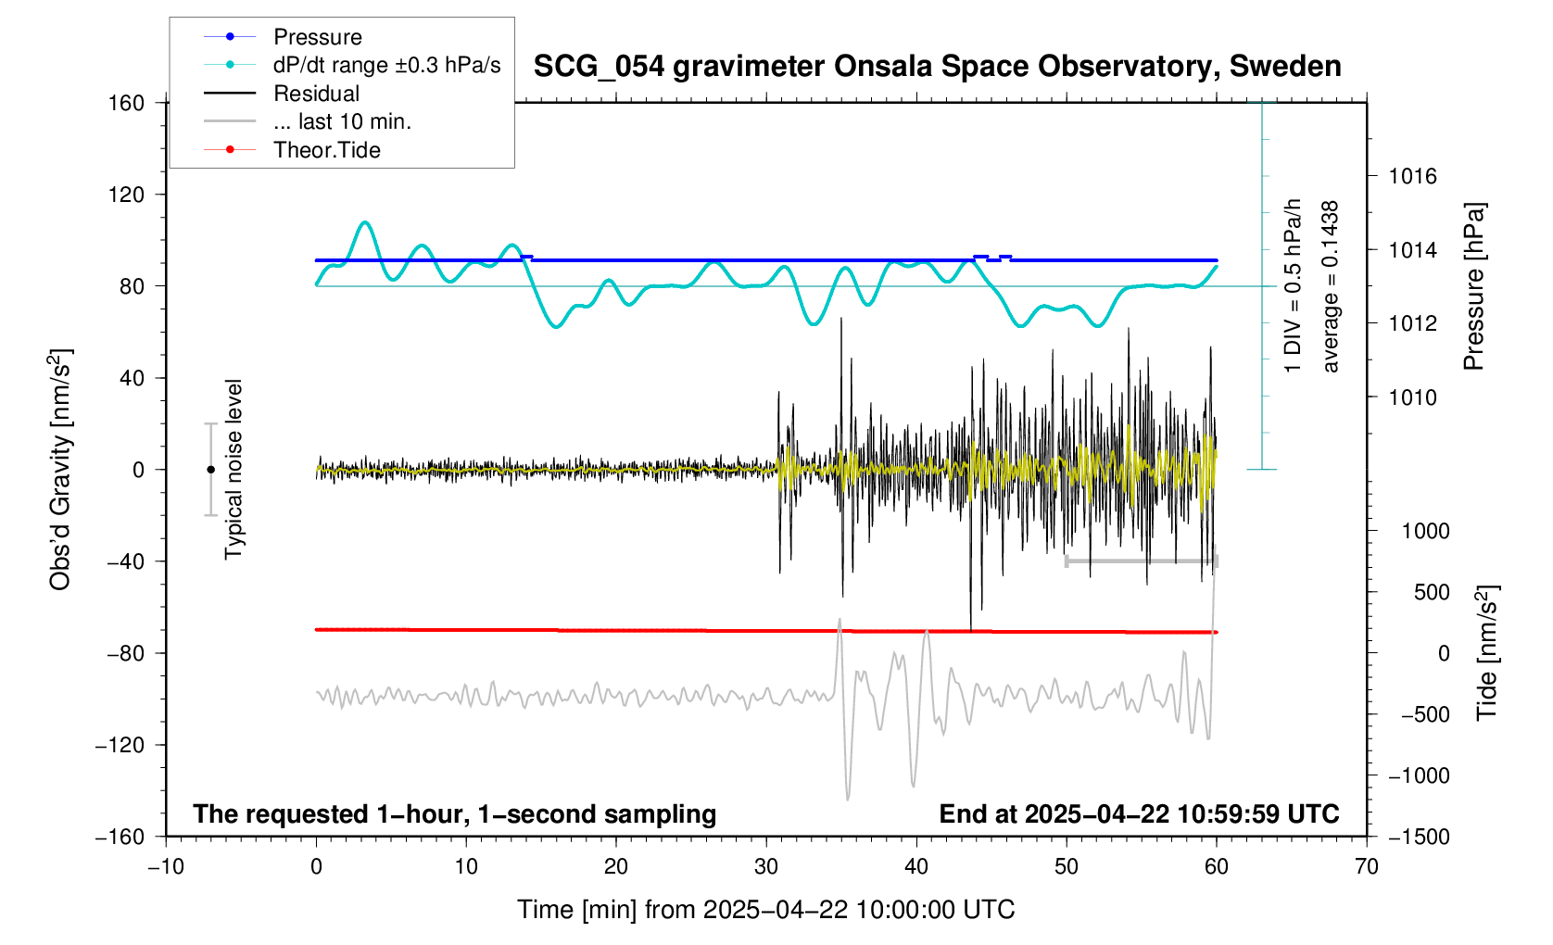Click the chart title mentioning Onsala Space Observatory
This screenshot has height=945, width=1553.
[x=937, y=67]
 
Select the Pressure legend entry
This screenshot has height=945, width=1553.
[x=317, y=37]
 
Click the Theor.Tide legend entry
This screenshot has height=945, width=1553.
[x=326, y=150]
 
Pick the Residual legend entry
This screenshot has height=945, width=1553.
[x=316, y=94]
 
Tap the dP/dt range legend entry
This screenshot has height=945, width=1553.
[x=386, y=65]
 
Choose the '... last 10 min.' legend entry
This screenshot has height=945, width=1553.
[x=342, y=121]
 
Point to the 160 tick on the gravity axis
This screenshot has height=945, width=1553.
[x=127, y=103]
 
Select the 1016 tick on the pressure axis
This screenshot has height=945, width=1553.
[x=1412, y=176]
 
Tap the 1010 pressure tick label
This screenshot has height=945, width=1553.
[x=1412, y=397]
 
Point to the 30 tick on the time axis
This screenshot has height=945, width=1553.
[x=766, y=867]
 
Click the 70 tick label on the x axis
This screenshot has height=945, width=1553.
[x=1367, y=867]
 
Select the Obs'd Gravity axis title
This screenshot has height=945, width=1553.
[x=61, y=470]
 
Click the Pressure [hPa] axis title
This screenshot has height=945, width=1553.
[x=1473, y=286]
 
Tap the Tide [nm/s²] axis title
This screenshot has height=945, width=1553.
[x=1487, y=653]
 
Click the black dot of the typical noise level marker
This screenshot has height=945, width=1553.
[x=210, y=470]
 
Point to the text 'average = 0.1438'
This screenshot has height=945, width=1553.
[x=1331, y=286]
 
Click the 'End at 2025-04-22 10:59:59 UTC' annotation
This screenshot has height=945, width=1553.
[x=1139, y=814]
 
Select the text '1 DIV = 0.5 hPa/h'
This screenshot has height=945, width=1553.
[x=1294, y=286]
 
